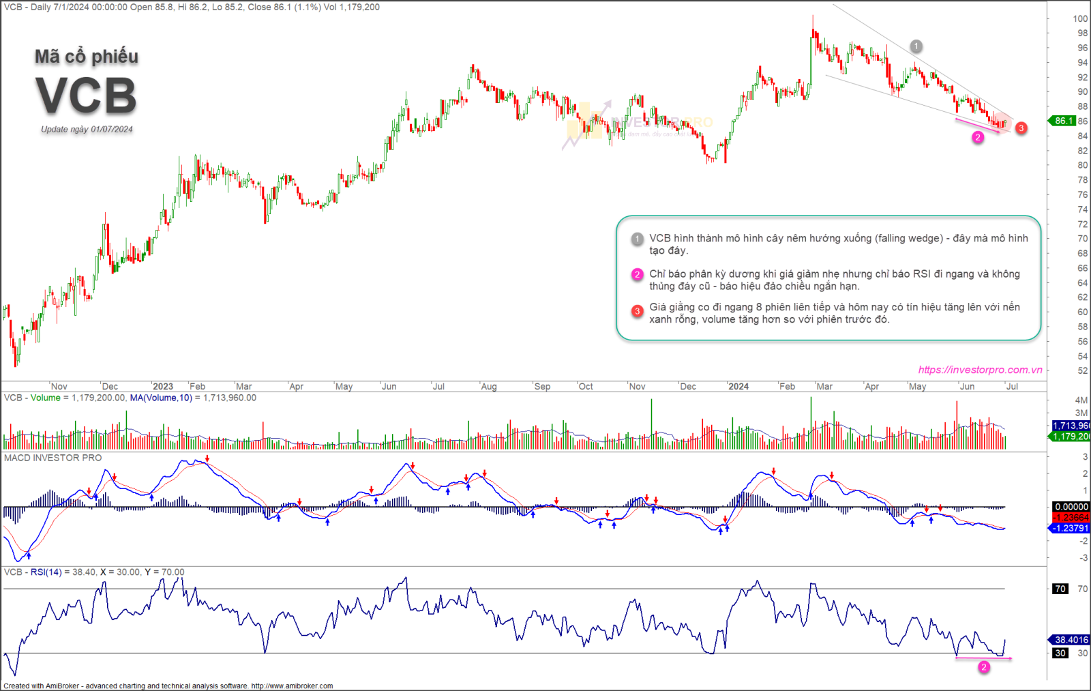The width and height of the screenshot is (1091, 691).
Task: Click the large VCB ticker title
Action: pyautogui.click(x=87, y=95)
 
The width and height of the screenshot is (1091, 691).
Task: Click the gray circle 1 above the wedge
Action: pyautogui.click(x=916, y=46)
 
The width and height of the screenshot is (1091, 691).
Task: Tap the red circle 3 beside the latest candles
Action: pyautogui.click(x=1021, y=128)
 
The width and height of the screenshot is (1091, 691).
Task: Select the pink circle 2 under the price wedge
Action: pyautogui.click(x=978, y=137)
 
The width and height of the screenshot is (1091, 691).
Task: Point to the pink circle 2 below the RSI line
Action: pyautogui.click(x=984, y=667)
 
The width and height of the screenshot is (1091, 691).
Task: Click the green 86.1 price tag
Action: pyautogui.click(x=1063, y=121)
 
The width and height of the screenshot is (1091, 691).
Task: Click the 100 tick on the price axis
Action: pyautogui.click(x=1080, y=19)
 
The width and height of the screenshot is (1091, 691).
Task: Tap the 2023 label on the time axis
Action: pyautogui.click(x=162, y=387)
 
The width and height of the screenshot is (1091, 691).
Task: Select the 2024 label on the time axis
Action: pyautogui.click(x=738, y=387)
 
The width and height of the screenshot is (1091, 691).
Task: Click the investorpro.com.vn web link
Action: pyautogui.click(x=980, y=370)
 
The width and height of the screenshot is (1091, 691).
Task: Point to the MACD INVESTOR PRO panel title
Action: pyautogui.click(x=53, y=458)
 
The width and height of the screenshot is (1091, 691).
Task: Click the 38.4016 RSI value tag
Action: pyautogui.click(x=1071, y=640)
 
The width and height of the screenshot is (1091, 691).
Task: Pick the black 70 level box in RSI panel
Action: pyautogui.click(x=1060, y=589)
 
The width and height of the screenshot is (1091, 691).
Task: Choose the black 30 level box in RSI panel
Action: pyautogui.click(x=1060, y=653)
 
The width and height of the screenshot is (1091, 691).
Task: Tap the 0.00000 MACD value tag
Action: pyautogui.click(x=1071, y=507)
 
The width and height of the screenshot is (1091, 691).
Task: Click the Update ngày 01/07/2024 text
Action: pyautogui.click(x=87, y=130)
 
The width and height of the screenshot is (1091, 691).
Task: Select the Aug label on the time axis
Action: pyautogui.click(x=489, y=387)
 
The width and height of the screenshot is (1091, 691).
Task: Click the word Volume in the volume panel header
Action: pyautogui.click(x=46, y=398)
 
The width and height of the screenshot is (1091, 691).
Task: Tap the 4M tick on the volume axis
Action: pyautogui.click(x=1081, y=400)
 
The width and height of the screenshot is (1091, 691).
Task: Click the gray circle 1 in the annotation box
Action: pyautogui.click(x=637, y=239)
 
